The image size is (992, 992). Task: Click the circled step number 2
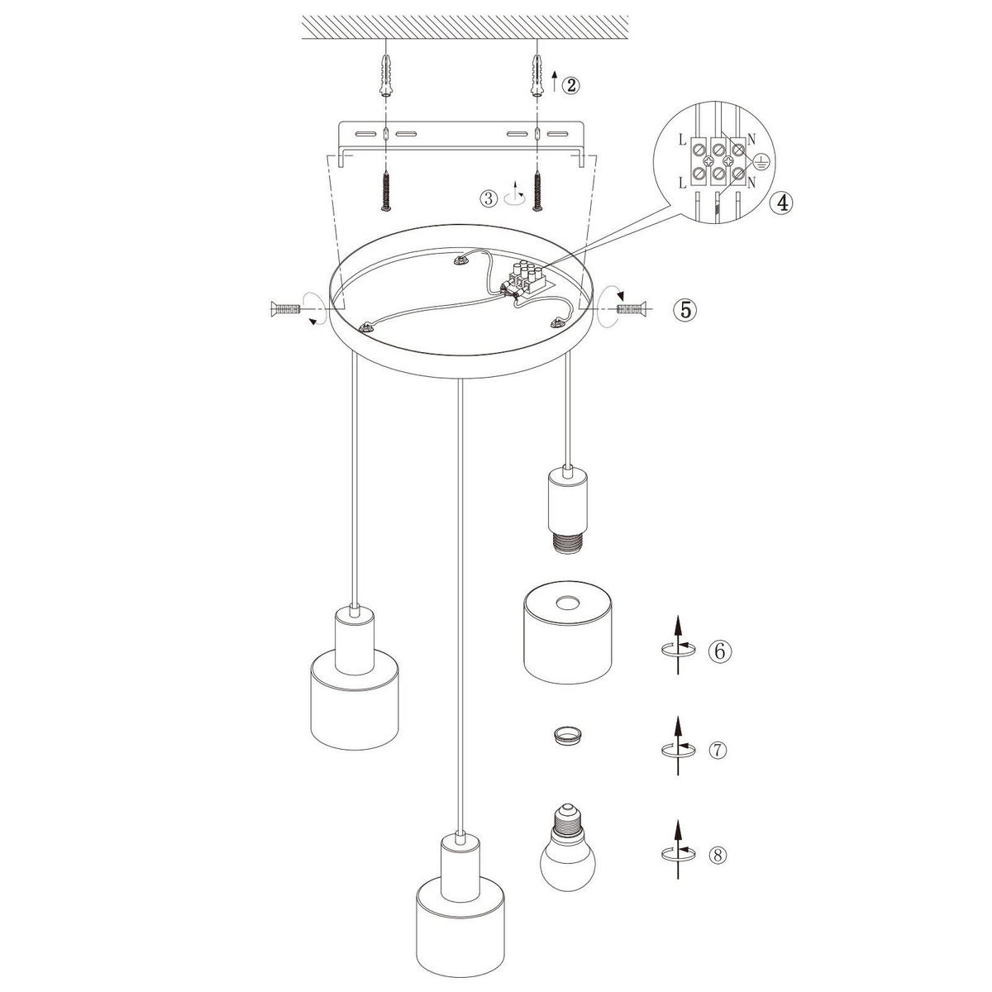pos(570,85)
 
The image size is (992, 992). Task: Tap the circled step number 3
pos(489,198)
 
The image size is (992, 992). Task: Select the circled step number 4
pos(781,203)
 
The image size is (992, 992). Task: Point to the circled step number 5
pos(685,309)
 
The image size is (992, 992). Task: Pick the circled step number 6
pos(720,651)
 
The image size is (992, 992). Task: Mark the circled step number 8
pos(718,855)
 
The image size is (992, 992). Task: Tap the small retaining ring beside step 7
pos(567,736)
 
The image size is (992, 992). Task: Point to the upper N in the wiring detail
pos(751,139)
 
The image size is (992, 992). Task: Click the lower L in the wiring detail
pos(682,182)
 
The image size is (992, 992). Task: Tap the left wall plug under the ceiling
pos(385,75)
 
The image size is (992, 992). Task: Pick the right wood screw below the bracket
pos(538,191)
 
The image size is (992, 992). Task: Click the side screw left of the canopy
pos(284,309)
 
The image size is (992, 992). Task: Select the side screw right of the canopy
pos(631,309)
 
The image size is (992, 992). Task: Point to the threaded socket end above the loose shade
pos(567,544)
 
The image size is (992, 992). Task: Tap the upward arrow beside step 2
pos(554,81)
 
